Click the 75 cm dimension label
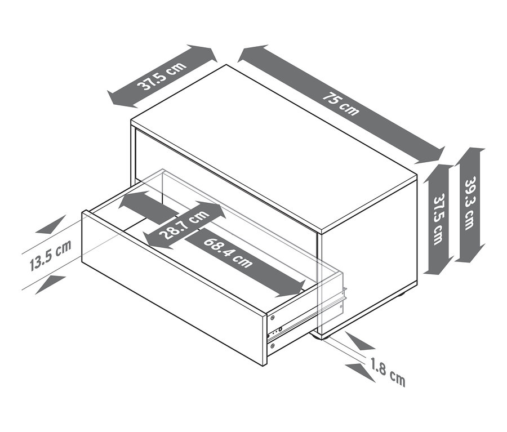click(x=341, y=104)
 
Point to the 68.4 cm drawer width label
click(x=228, y=253)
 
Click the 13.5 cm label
click(x=51, y=256)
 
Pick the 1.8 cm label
click(x=388, y=372)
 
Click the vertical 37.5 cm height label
click(x=438, y=219)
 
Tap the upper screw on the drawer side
click(x=272, y=318)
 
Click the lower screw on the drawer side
click(x=273, y=346)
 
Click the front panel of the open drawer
click(x=175, y=288)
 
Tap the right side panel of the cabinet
click(x=368, y=257)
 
